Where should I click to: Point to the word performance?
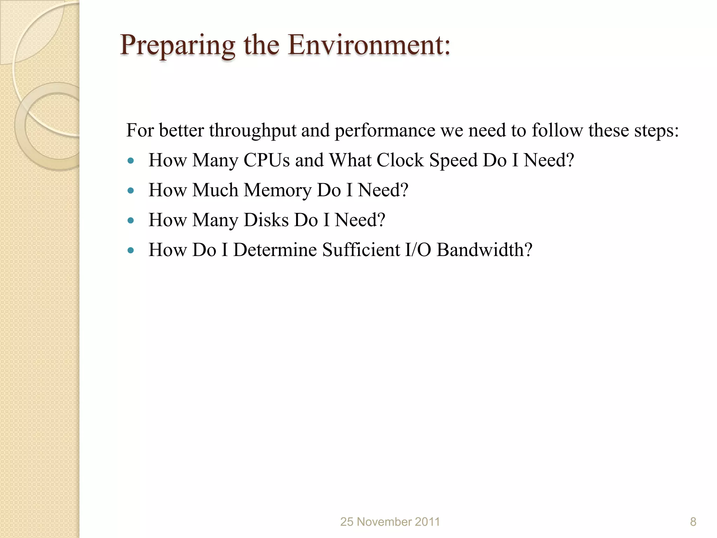coord(385,131)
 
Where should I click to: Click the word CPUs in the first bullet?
coord(266,160)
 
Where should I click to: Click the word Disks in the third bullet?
coord(266,220)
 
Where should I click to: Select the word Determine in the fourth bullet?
coord(275,250)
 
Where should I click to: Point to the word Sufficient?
coord(361,250)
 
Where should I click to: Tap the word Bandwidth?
coord(484,250)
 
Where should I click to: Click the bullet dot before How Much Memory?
coord(131,191)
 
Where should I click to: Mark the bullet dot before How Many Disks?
coord(131,221)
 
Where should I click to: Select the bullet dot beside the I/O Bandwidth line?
coord(131,250)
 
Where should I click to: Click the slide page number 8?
coord(693,522)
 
